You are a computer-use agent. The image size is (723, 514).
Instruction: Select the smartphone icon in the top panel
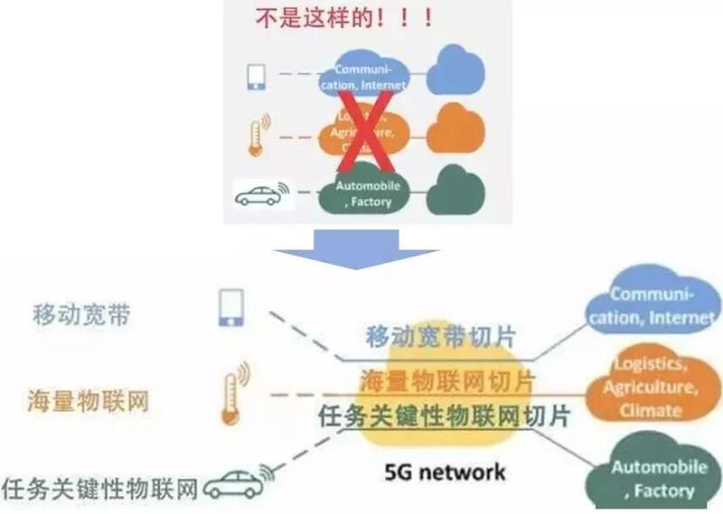256,76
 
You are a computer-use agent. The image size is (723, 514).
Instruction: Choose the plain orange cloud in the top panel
456,129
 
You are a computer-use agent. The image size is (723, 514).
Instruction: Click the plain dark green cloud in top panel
456,189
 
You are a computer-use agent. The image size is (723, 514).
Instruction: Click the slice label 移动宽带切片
441,336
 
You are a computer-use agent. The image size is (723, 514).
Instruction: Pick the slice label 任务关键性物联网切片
445,416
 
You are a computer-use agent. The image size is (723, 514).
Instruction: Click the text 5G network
446,472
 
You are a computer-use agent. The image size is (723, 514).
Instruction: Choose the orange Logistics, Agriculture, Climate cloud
650,386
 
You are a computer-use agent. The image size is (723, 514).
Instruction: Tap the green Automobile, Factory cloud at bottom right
652,477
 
